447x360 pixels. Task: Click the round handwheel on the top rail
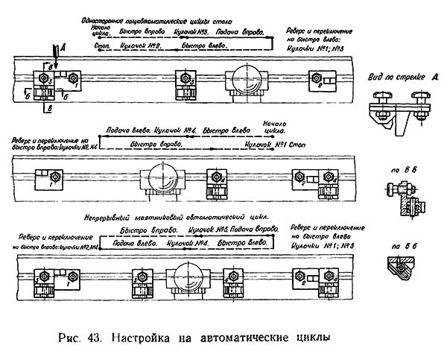(x=247, y=78)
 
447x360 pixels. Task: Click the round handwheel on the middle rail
(x=162, y=178)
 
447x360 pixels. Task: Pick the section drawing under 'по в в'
(x=403, y=197)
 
